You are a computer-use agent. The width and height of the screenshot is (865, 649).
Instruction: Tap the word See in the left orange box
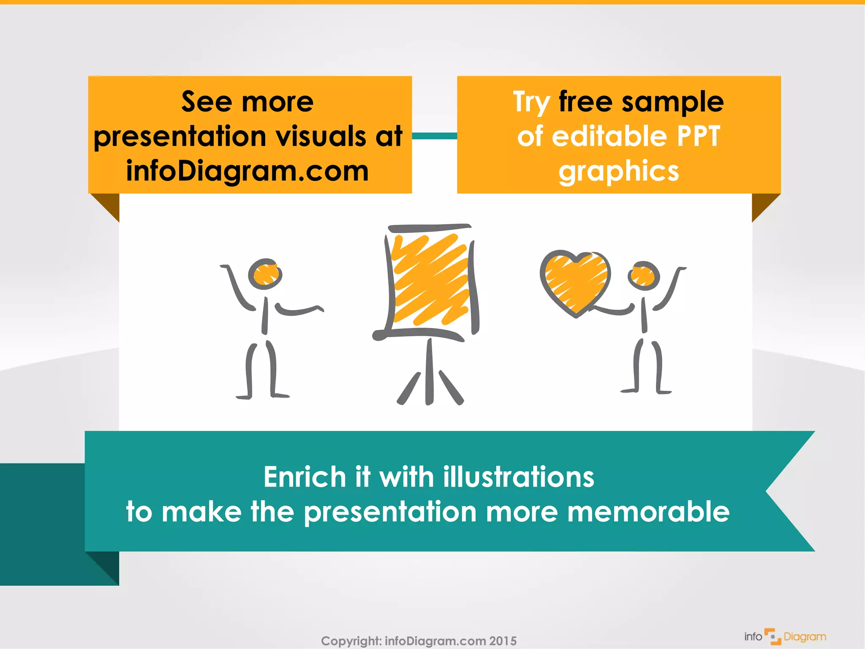coord(207,102)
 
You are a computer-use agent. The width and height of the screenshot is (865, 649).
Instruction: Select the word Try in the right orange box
coord(531,103)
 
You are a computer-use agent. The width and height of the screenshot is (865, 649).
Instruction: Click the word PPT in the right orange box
coord(699,136)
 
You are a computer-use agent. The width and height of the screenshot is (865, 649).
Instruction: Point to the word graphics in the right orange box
coord(619,172)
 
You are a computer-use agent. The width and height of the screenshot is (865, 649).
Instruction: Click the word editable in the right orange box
coord(609,136)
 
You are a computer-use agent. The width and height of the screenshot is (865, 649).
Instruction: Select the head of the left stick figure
coord(265,274)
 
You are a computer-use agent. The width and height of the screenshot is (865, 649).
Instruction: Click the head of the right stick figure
coord(643,275)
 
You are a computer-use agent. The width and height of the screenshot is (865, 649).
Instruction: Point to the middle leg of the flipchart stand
coord(429,372)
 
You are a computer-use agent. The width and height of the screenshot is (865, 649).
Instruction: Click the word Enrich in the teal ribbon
coord(305,477)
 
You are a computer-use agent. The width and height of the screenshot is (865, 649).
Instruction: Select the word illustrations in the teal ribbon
coord(519,477)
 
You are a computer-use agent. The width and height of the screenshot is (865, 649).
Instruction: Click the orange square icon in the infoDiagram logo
coord(773,636)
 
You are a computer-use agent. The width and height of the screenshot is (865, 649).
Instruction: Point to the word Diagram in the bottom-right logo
coord(805,637)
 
